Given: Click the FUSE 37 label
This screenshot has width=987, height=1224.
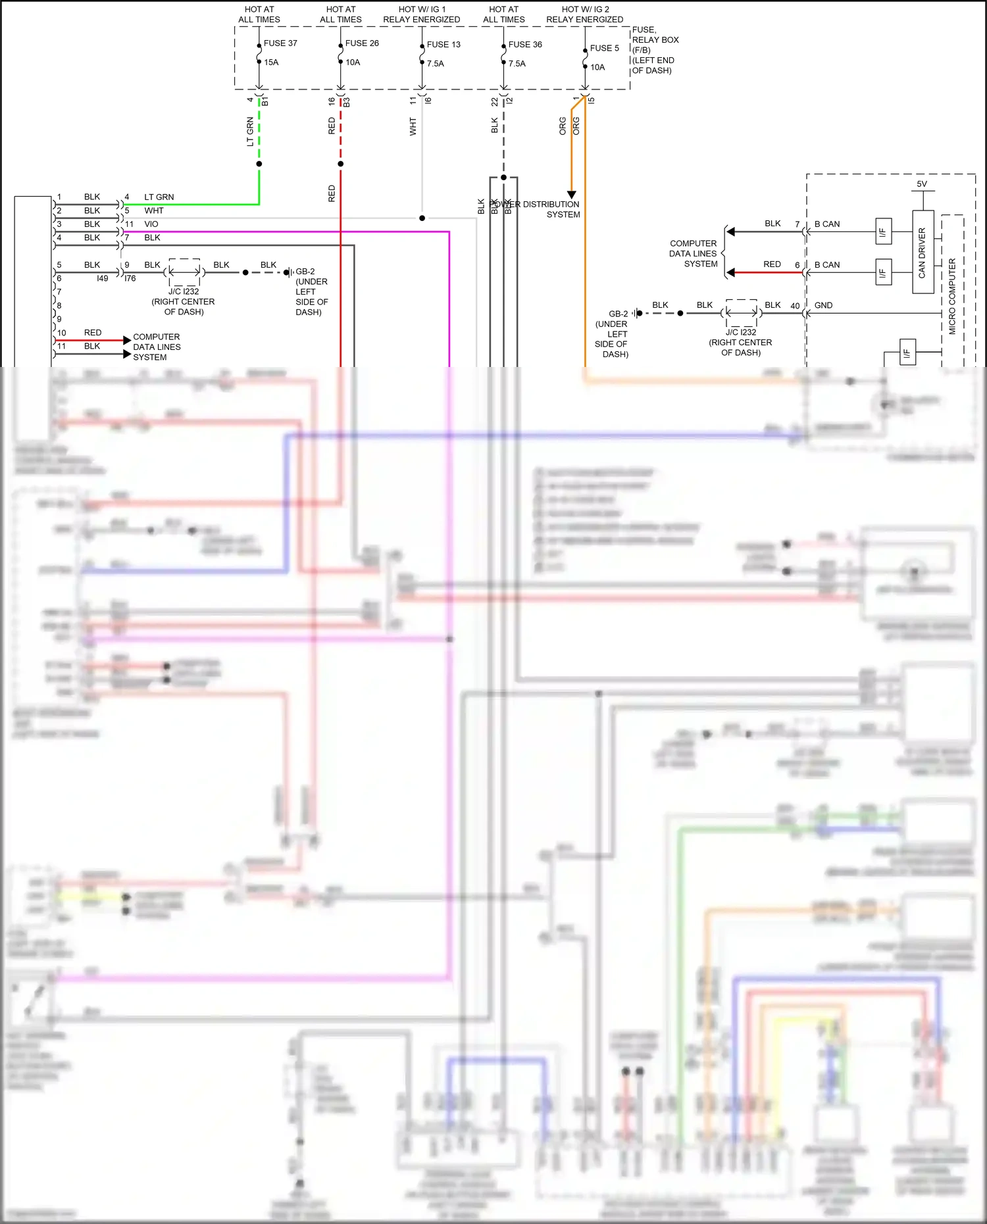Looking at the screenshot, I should pos(280,43).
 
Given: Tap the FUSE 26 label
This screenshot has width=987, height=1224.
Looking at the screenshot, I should pos(362,43).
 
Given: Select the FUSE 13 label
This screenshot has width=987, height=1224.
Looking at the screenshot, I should pos(443,45).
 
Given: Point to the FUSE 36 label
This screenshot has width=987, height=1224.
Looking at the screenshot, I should pos(525,45).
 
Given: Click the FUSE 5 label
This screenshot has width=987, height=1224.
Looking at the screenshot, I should pos(604,48).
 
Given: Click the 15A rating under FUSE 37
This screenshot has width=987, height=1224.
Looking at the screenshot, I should pos(271,62).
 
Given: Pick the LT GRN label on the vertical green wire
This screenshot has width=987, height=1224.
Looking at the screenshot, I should pos(250,132).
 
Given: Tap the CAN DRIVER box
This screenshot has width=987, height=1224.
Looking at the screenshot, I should pos(923,252).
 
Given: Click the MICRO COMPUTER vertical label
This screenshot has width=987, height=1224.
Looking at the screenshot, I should pos(952,296).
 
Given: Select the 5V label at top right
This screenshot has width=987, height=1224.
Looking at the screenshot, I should pos(922,184).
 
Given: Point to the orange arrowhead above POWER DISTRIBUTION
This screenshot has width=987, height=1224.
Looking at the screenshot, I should pos(572,195).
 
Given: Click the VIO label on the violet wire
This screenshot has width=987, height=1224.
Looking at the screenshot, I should pos(151,224).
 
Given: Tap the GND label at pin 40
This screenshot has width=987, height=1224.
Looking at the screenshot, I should pos(823,305).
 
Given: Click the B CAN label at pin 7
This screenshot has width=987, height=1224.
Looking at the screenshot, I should pos(827,224).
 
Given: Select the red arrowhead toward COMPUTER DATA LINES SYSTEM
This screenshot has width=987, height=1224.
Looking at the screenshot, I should pos(730,272).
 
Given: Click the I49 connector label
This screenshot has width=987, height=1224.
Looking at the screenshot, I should pos(103,278).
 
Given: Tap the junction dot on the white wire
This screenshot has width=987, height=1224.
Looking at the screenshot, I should pos(422,218).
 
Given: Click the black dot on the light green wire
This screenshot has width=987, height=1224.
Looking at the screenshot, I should pos(259,164).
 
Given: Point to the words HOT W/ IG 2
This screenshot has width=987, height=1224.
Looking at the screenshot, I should pos(585,9).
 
